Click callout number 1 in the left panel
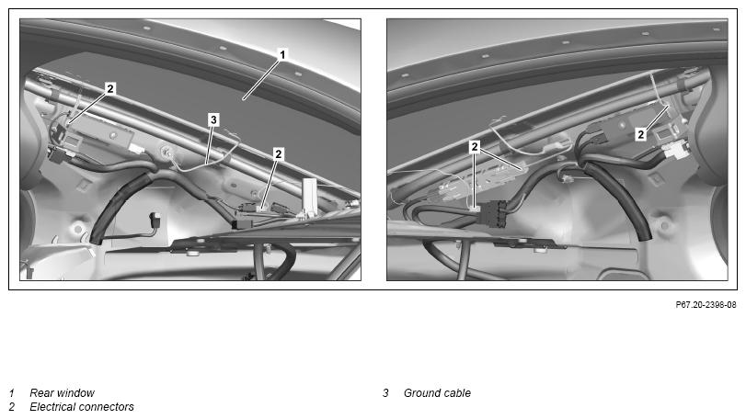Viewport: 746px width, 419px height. click(282, 54)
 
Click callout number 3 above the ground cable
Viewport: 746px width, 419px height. click(213, 119)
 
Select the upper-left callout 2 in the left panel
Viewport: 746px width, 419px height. click(110, 88)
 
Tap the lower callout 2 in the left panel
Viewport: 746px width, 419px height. click(279, 153)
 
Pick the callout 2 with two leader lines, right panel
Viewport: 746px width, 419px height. click(475, 147)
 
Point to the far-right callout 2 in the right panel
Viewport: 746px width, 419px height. click(641, 134)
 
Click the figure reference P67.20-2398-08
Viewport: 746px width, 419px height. click(706, 305)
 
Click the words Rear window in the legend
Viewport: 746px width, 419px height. click(62, 393)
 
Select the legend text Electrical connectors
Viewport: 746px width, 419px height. click(82, 407)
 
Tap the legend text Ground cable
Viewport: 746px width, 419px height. click(437, 393)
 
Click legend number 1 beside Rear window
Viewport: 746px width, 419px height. click(11, 393)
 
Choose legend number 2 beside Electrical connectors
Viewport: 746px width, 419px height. click(12, 407)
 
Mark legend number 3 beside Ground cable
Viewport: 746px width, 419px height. click(385, 393)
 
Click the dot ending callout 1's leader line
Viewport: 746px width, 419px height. click(244, 98)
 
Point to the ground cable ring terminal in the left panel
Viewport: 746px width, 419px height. click(167, 152)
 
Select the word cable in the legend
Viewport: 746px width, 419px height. click(457, 393)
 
